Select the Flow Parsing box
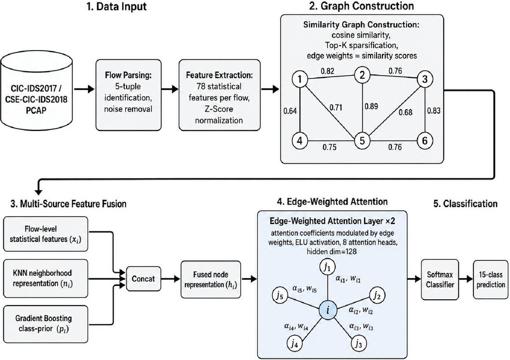click(x=129, y=95)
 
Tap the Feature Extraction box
click(x=219, y=95)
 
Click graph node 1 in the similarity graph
click(x=300, y=79)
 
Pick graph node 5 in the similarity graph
click(x=362, y=141)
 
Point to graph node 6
click(x=424, y=141)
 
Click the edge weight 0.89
click(x=371, y=106)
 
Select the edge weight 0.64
click(x=290, y=111)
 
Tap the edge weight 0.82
click(x=327, y=71)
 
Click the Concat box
click(x=144, y=279)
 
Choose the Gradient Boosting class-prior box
click(x=46, y=323)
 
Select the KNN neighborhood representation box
click(x=46, y=279)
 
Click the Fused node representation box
click(x=211, y=280)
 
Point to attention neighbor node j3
click(x=358, y=344)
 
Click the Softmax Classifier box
click(x=440, y=280)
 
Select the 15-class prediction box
click(x=490, y=280)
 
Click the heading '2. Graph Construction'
click(x=361, y=6)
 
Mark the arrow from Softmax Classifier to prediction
click(x=466, y=279)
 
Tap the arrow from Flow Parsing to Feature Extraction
click(x=170, y=89)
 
